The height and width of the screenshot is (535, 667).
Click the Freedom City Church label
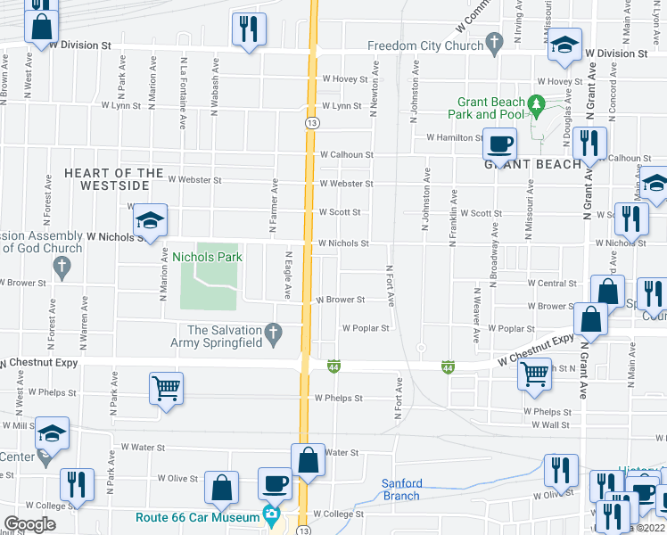424,46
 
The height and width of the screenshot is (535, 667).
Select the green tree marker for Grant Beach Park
536,103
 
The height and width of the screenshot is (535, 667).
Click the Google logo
29,523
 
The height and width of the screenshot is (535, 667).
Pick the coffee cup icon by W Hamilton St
500,143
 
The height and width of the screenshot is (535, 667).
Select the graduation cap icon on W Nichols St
151,223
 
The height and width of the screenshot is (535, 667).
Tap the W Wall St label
552,425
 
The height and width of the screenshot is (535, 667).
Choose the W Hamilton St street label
454,137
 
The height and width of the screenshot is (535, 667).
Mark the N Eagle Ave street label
288,274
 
